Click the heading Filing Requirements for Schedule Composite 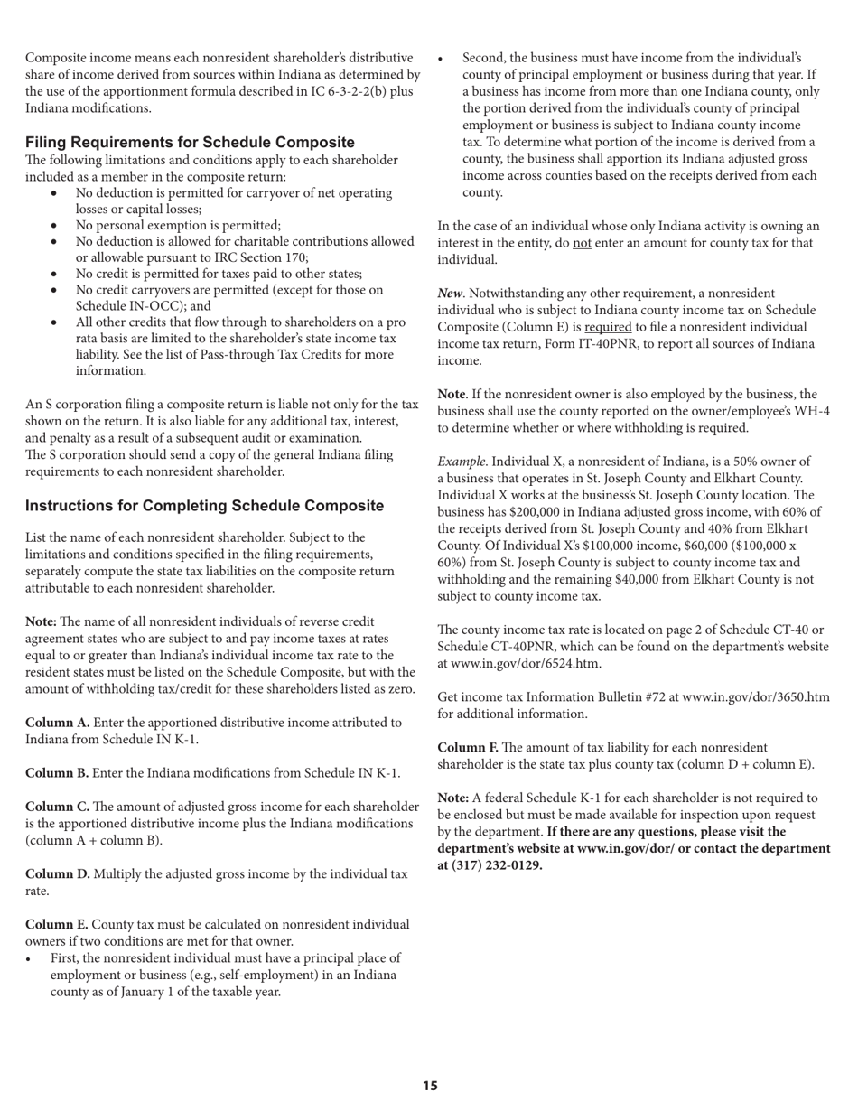190,143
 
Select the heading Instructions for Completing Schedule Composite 204,506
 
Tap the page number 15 430,1086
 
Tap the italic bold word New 451,294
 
